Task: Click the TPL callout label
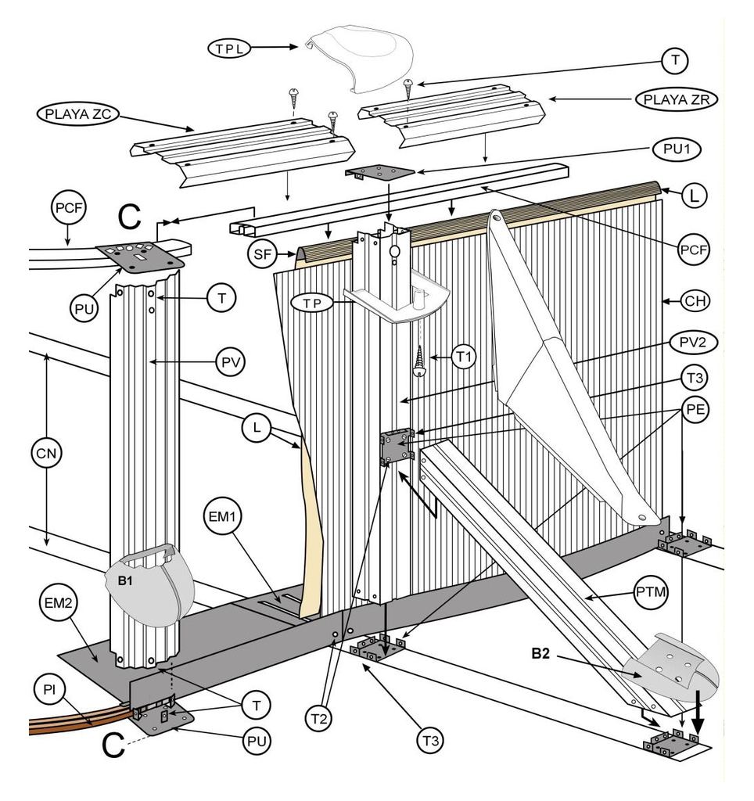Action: (228, 48)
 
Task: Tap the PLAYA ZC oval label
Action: (77, 114)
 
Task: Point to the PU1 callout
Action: (676, 149)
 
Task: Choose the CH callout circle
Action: (692, 300)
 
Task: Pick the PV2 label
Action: (692, 342)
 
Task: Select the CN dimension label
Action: (48, 453)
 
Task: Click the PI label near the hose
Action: (49, 690)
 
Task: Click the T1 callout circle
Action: (465, 357)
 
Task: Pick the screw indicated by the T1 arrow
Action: (421, 361)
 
